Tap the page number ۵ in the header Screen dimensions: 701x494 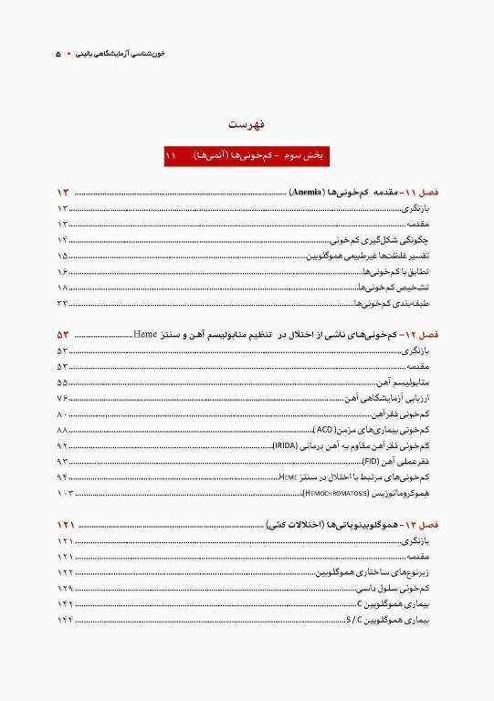pyautogui.click(x=58, y=54)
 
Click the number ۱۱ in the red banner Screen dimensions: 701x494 pyautogui.click(x=170, y=157)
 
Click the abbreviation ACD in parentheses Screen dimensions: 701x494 pyautogui.click(x=323, y=429)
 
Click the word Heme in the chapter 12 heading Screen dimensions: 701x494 pyautogui.click(x=146, y=335)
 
